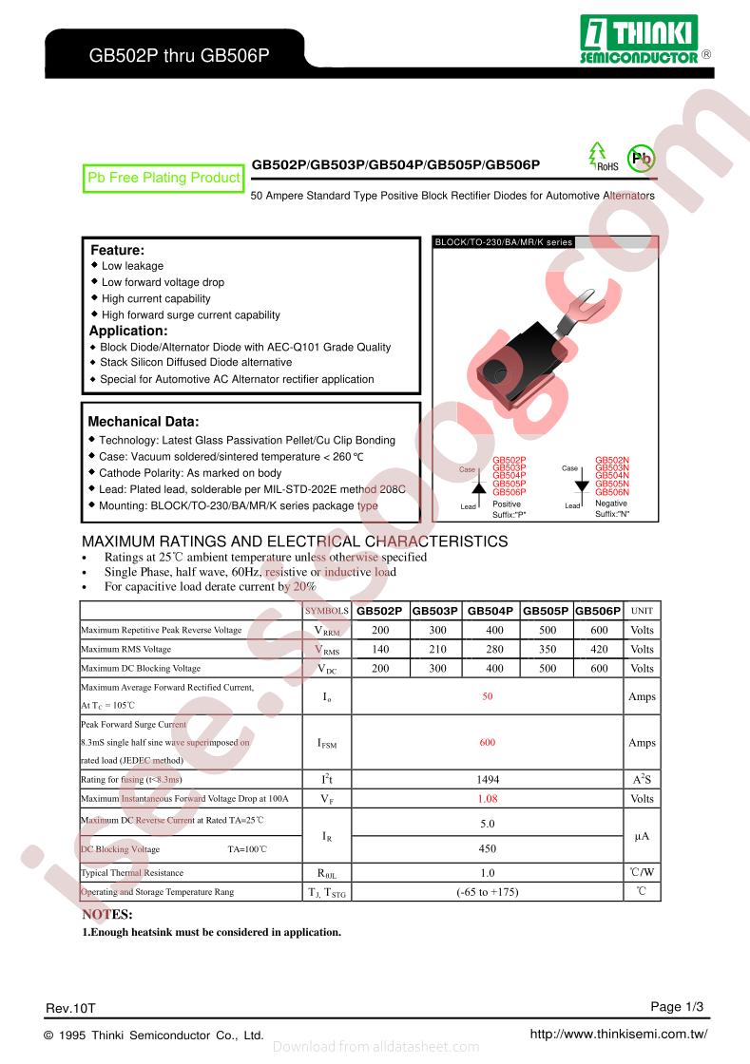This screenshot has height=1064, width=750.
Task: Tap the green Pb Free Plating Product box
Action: (x=163, y=178)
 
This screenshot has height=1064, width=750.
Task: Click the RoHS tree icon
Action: (x=598, y=156)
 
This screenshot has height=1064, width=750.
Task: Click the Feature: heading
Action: (x=117, y=250)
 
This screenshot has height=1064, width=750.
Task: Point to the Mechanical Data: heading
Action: (x=144, y=421)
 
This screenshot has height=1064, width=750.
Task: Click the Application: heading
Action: (x=128, y=331)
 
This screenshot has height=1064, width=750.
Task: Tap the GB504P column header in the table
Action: (x=490, y=611)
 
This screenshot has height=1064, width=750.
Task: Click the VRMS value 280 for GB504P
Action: (x=494, y=649)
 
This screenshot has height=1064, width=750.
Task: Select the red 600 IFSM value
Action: (x=487, y=743)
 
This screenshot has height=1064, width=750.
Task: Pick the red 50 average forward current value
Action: (x=487, y=696)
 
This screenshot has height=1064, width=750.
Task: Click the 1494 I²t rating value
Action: (x=487, y=779)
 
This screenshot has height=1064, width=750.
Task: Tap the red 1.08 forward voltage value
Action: (x=487, y=799)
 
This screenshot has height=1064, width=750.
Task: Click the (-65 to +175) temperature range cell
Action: (x=487, y=892)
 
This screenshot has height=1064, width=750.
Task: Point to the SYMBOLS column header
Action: (x=327, y=611)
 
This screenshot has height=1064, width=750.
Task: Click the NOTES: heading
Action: (x=107, y=915)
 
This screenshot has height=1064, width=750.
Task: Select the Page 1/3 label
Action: (x=677, y=1006)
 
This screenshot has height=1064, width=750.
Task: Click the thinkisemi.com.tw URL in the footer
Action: (x=618, y=1034)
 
